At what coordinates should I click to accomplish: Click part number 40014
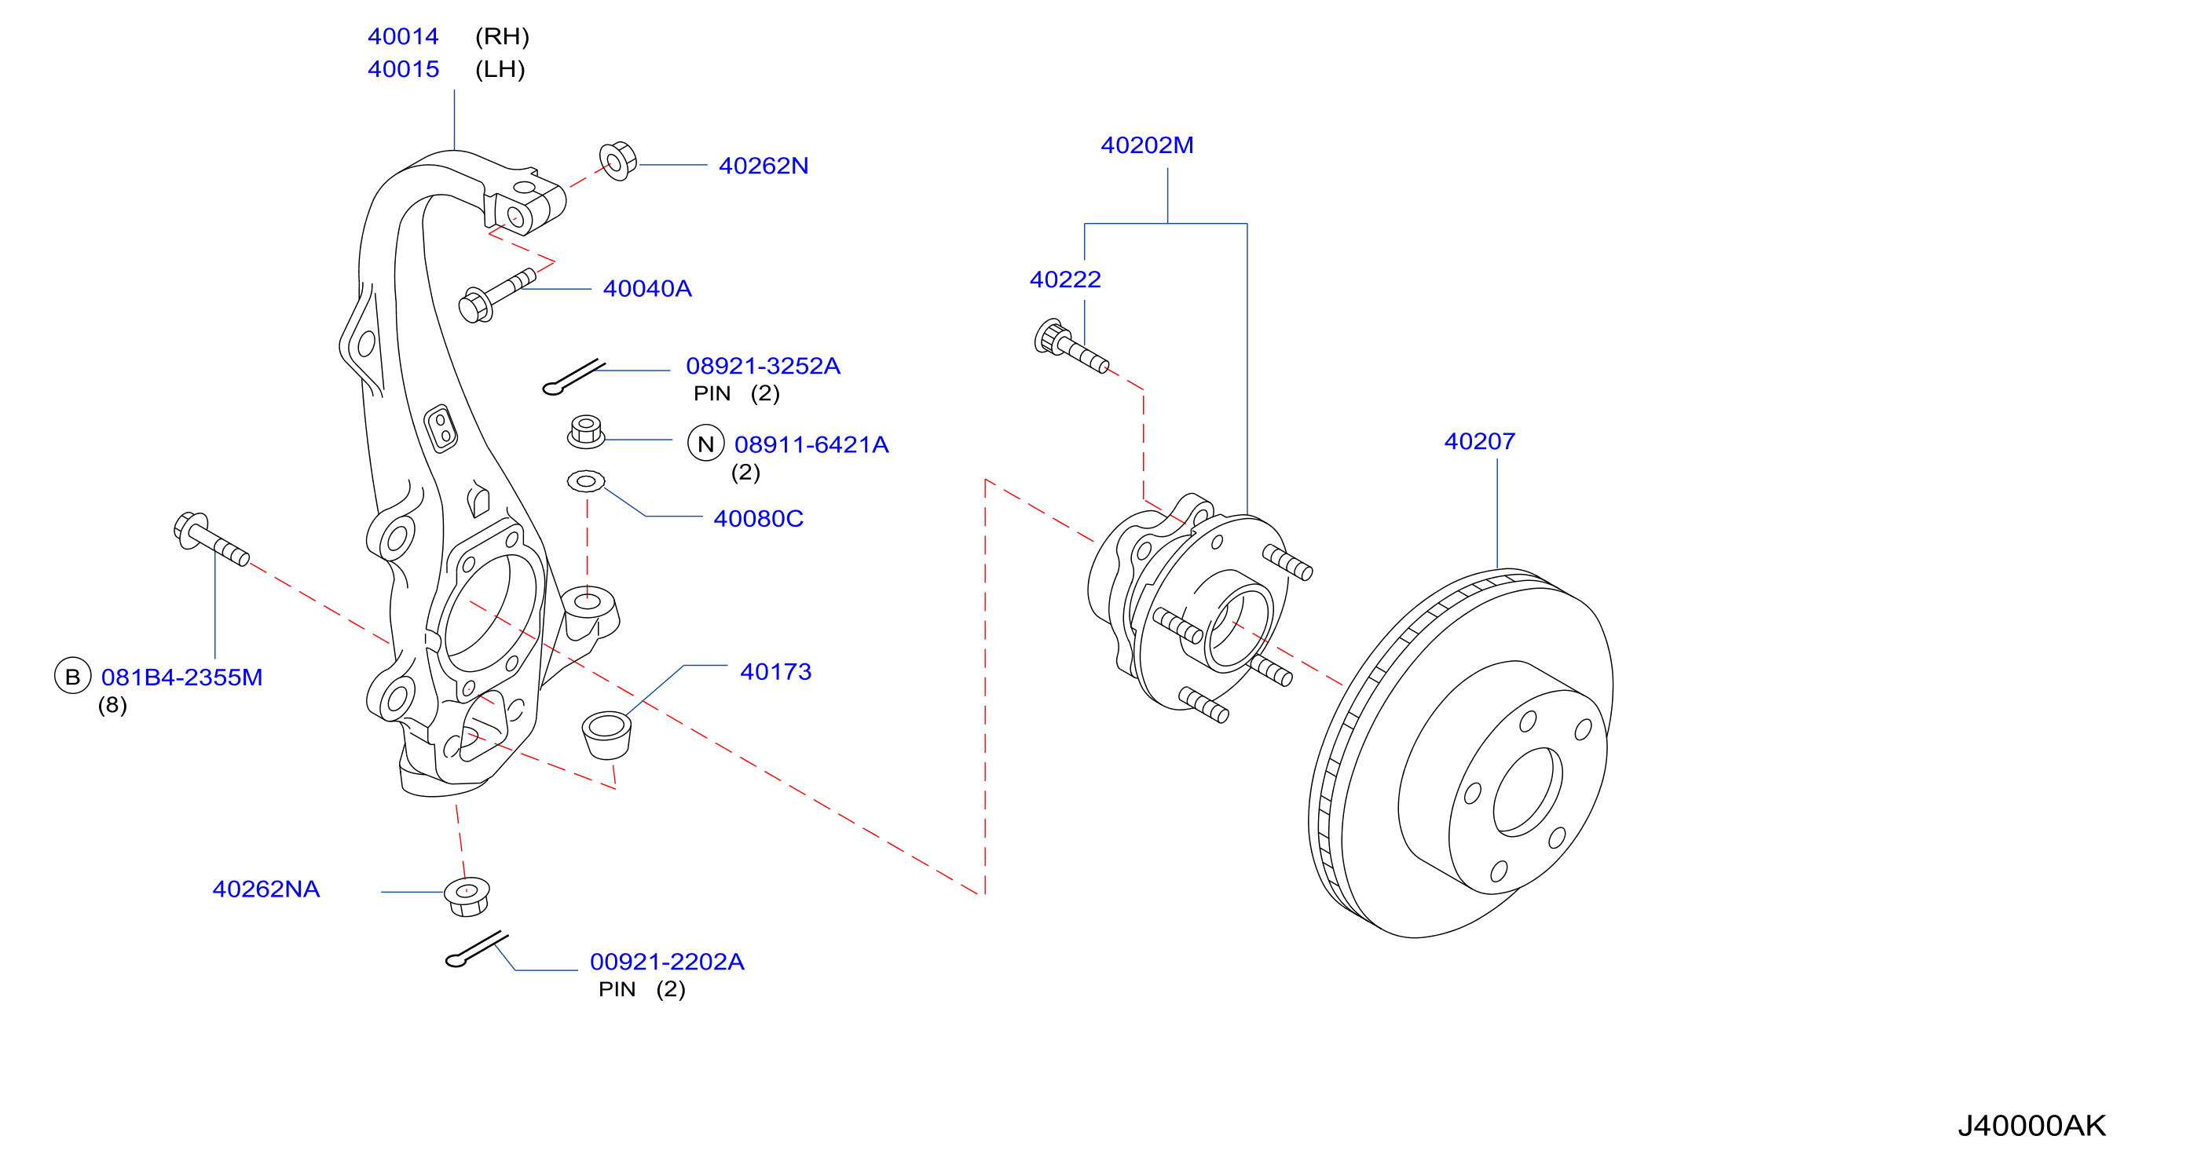tap(403, 37)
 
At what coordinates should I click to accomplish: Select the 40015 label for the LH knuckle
tap(403, 69)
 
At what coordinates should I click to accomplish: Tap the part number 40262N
tap(764, 166)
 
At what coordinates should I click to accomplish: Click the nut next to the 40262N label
tap(617, 161)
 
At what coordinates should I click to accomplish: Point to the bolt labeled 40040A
tap(496, 296)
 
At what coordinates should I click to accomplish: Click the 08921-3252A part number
tap(763, 367)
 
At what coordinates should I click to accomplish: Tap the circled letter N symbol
tap(705, 444)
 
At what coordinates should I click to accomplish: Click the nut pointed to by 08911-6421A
tap(586, 432)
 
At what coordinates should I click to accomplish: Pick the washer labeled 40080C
tap(586, 482)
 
